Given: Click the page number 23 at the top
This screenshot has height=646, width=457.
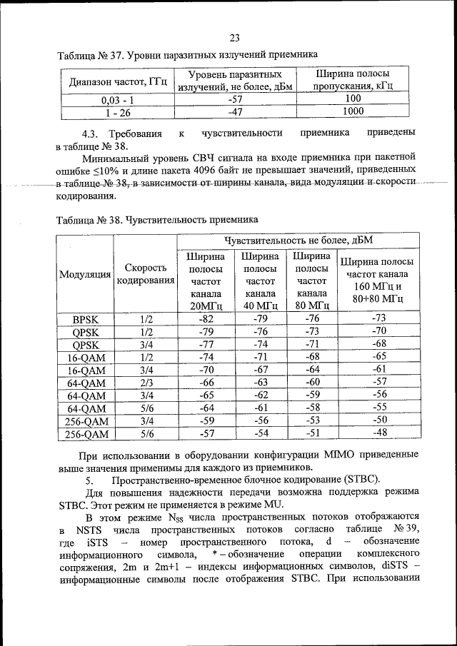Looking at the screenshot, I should coord(236,38).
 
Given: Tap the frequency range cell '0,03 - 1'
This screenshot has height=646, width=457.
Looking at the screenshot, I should coord(119,100).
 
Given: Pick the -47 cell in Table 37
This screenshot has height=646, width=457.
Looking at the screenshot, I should coord(235,111).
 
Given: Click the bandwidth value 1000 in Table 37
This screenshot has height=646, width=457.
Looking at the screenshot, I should coord(353,111).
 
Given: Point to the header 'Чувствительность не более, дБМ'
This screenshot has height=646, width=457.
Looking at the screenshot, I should coord(298,239).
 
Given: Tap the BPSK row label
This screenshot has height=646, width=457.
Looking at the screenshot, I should coord(85,318).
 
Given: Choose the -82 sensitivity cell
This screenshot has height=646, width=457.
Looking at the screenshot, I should coord(206,318).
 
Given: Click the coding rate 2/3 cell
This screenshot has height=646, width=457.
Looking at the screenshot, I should coord(146,382).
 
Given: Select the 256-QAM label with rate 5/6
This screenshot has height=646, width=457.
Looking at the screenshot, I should coord(85,433).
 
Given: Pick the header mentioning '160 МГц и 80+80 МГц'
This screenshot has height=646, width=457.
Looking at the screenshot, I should coord(378,280).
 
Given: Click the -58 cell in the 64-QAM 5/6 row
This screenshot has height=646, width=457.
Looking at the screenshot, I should coord(311,408).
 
